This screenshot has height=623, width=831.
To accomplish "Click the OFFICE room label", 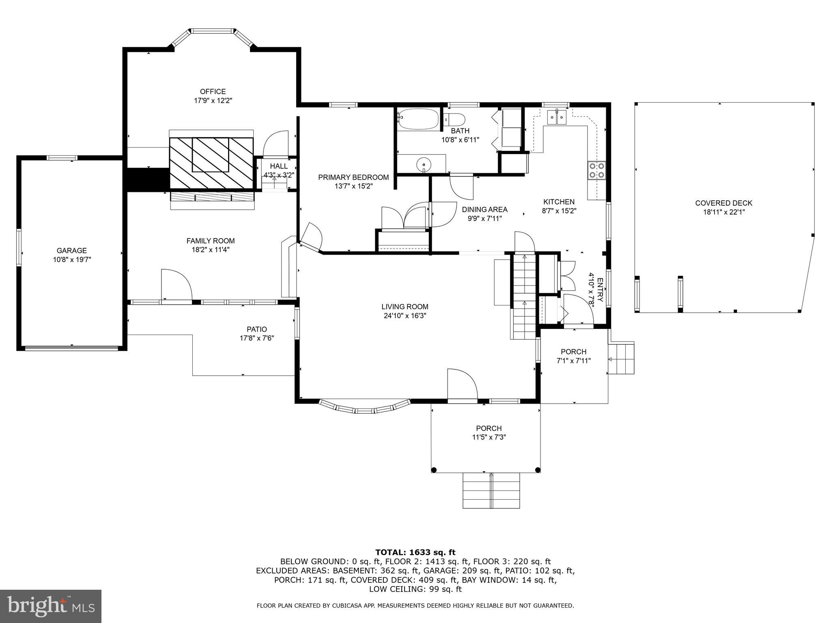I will click(213, 92).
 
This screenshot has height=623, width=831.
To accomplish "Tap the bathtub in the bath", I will click(418, 119).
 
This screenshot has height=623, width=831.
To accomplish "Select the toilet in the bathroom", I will click(454, 120).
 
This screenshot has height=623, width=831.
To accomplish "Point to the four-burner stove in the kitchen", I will click(596, 170).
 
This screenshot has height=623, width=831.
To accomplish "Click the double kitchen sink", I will click(556, 118).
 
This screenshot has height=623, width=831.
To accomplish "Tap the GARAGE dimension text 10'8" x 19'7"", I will click(72, 260).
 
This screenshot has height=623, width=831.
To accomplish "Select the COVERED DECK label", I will click(723, 203).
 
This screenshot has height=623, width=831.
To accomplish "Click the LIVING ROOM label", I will click(405, 307).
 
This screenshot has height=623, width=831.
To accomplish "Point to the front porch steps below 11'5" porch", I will click(491, 490).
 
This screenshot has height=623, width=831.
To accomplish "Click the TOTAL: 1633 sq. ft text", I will click(415, 552).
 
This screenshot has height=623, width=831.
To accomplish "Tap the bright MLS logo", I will click(50, 606).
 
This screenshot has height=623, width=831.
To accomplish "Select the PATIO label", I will click(257, 329).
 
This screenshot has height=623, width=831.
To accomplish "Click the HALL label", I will click(279, 166).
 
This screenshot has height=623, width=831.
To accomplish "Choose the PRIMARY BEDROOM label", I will click(353, 177).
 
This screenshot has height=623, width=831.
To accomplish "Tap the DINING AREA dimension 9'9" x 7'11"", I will click(484, 218).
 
